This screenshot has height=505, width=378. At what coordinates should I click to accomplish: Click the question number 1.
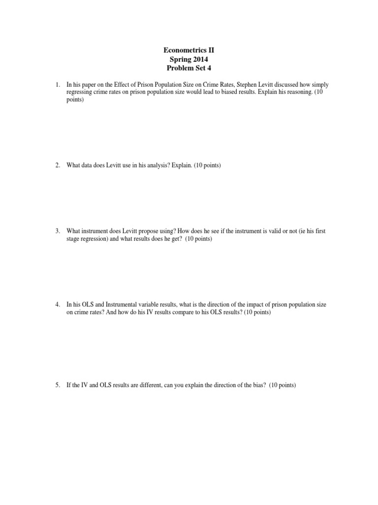[57, 85]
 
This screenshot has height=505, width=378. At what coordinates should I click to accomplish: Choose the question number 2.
[57, 165]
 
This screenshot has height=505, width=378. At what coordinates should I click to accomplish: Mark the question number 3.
[57, 231]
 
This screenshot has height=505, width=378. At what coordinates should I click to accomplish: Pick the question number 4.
[57, 305]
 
